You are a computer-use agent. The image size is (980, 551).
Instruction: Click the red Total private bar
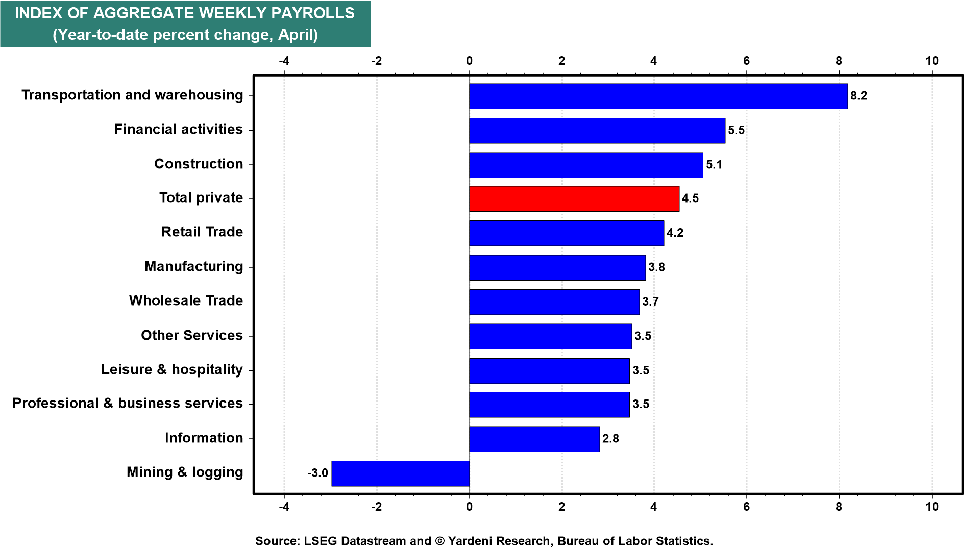[574, 198]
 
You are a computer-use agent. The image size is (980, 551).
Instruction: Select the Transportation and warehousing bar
[658, 96]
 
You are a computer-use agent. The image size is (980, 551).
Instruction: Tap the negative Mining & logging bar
[401, 473]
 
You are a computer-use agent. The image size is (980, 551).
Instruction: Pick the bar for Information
[534, 439]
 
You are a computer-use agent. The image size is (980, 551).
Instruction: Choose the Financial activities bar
[597, 130]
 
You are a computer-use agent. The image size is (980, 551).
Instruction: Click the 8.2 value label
[859, 96]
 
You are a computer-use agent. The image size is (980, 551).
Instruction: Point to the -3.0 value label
[317, 473]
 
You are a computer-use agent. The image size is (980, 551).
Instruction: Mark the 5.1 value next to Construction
[714, 164]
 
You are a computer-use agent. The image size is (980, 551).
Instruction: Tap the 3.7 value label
[650, 302]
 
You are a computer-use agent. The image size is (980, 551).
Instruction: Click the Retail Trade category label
[202, 232]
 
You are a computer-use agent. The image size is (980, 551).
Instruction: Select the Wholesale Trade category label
[186, 301]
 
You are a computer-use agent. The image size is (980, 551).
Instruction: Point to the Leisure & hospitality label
[172, 369]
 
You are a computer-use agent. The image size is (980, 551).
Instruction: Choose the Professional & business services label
[128, 404]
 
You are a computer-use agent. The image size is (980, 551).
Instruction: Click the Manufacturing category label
[194, 266]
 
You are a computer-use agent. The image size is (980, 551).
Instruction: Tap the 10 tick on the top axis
[932, 61]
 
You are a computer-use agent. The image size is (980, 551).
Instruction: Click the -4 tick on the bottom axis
[284, 507]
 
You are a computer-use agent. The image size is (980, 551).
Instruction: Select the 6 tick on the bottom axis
[747, 507]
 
